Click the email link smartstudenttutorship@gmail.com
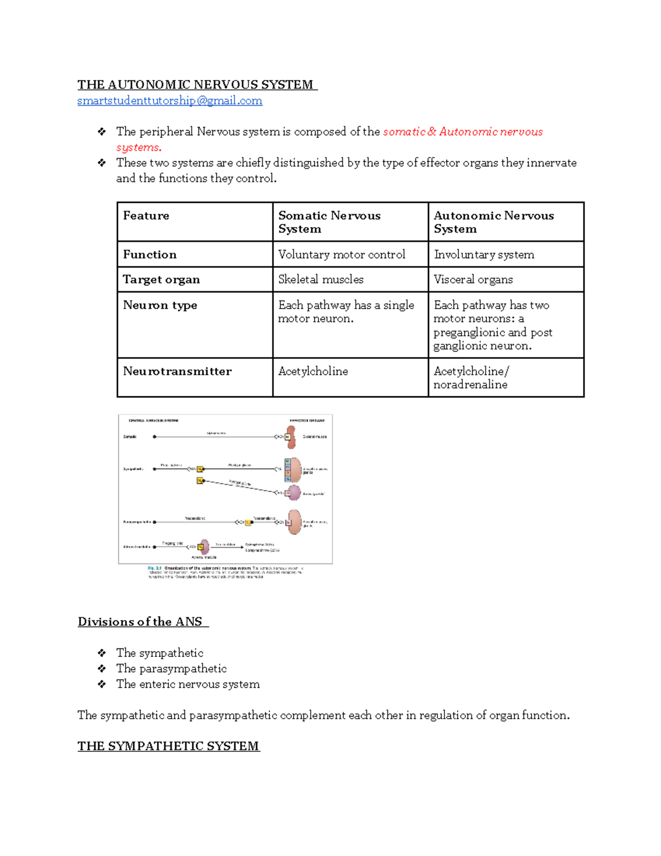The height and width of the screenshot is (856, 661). click(x=170, y=101)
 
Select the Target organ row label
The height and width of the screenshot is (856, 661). click(x=161, y=279)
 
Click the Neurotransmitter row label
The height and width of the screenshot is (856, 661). click(x=177, y=372)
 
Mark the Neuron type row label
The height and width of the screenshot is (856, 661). click(x=160, y=305)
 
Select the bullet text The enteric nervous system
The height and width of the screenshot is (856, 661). click(x=188, y=684)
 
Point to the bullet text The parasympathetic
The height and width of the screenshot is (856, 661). click(x=171, y=669)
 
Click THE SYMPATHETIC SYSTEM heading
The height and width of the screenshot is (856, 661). click(x=168, y=746)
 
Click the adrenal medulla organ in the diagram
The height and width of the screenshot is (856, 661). click(x=204, y=547)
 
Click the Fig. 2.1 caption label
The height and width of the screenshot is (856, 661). click(x=154, y=568)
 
